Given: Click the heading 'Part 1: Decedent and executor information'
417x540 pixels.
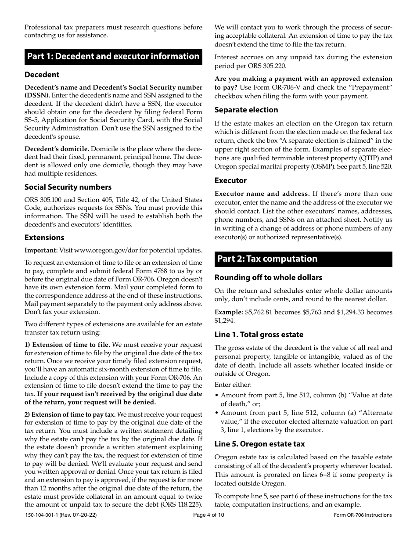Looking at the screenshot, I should point(113,56).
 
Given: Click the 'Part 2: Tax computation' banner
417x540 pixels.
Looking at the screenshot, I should point(267,259).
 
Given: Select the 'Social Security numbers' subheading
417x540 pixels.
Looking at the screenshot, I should point(68,187).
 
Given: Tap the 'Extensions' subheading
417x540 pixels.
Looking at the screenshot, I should point(44,238).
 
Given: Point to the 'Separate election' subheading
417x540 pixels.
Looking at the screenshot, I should point(246,110).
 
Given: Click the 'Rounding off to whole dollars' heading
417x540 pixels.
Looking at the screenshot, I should point(268,277).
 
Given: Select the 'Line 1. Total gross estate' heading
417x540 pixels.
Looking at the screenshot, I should point(259,335).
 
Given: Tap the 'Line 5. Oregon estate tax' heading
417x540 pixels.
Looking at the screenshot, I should point(259,444).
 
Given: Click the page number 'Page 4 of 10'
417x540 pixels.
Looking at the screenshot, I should point(208,515).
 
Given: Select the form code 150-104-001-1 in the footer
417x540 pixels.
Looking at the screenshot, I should point(45,515).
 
